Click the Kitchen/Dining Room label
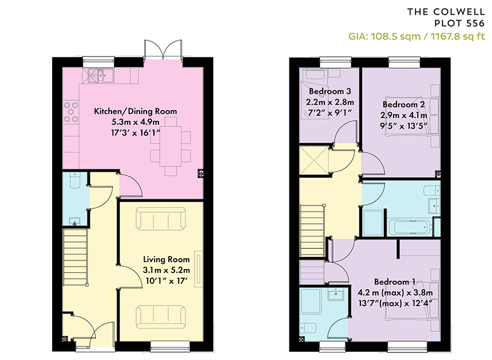coord(135,112)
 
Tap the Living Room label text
coord(166,260)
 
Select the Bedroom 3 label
coord(330,92)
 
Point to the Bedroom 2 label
coord(403,105)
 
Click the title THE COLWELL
coord(446,12)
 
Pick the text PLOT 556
coord(459,23)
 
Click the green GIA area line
coord(416,37)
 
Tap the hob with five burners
coord(71,112)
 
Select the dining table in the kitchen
coord(170,147)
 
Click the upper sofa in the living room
coord(161,219)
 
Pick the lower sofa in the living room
coord(161,317)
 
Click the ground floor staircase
coord(76,257)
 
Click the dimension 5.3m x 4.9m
coord(135,122)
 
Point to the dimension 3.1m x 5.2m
coord(166,270)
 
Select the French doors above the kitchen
coord(163,50)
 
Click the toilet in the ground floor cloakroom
coord(74,180)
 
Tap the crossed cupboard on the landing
coord(314,160)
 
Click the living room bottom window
coord(170,346)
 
